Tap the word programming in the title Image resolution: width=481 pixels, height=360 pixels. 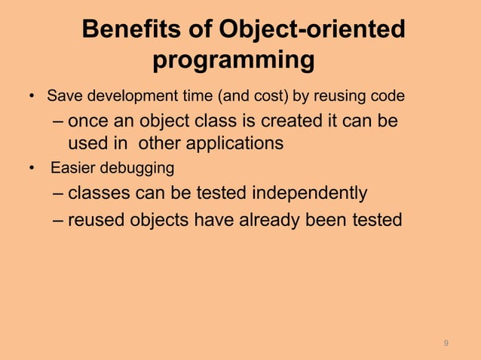[x=233, y=59]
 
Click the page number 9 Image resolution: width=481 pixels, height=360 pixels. [x=446, y=343]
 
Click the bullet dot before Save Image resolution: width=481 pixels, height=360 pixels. [x=32, y=98]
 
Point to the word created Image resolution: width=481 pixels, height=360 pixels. [x=286, y=122]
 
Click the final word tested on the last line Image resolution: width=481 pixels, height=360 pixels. [x=378, y=220]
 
